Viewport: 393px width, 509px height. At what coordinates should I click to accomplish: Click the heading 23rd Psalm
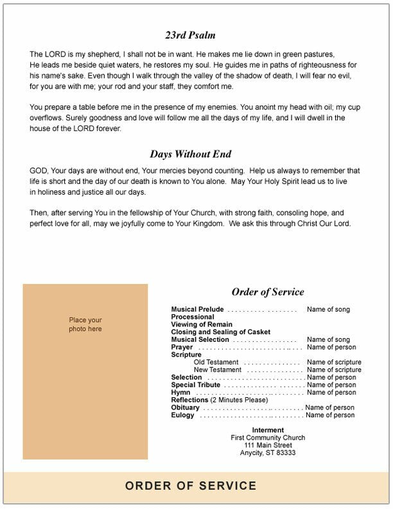click(x=190, y=35)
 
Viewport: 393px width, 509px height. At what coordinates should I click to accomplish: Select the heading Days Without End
click(x=190, y=154)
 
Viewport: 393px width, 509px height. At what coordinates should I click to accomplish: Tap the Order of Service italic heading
click(x=268, y=292)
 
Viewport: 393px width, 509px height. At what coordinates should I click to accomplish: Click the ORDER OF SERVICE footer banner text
click(x=191, y=487)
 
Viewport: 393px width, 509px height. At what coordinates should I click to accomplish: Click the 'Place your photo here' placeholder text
click(x=85, y=325)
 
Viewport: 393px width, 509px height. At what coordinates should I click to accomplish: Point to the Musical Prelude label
click(x=197, y=310)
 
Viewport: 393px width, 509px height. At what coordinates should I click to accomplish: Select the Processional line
click(x=193, y=317)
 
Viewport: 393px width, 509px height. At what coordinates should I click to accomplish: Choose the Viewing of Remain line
click(x=202, y=325)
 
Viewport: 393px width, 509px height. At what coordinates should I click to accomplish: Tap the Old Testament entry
click(x=216, y=362)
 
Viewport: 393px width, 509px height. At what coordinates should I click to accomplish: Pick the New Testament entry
click(x=218, y=370)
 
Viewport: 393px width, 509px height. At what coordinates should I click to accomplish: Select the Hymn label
click(x=180, y=393)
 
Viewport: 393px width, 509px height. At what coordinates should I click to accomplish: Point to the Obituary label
click(x=185, y=407)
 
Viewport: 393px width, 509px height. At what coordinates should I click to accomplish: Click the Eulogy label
click(x=182, y=415)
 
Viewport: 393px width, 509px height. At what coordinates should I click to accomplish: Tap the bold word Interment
click(x=268, y=430)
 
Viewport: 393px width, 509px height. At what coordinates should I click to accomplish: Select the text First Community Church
click(x=268, y=438)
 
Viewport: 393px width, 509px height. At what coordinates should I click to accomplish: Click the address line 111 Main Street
click(x=268, y=445)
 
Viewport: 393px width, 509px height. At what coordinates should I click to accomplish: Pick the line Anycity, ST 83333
click(x=268, y=453)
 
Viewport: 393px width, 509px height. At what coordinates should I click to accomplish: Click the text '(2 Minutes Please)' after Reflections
click(x=240, y=400)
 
